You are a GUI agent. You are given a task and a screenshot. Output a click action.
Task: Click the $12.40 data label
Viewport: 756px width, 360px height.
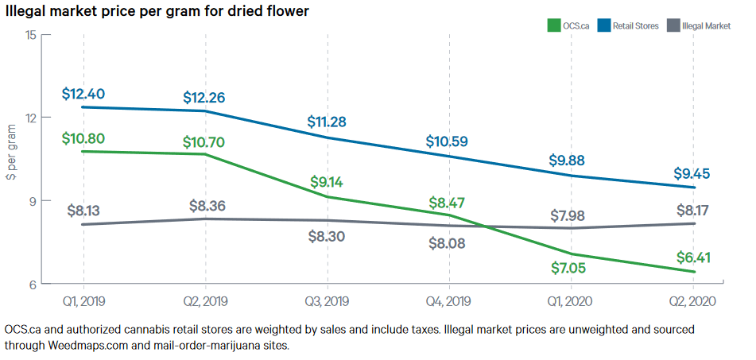[83, 95]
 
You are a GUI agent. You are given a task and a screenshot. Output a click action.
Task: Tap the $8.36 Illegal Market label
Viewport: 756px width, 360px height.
[206, 206]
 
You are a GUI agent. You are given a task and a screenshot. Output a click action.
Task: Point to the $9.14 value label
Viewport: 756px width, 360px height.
[327, 182]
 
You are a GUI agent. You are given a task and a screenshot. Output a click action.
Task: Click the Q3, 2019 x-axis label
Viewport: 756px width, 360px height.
[328, 301]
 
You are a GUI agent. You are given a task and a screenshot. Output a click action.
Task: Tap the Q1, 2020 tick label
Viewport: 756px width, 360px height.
[571, 301]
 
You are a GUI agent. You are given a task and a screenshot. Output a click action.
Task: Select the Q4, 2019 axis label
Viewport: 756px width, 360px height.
[449, 301]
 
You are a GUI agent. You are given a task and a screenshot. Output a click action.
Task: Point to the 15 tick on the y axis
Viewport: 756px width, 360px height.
[31, 35]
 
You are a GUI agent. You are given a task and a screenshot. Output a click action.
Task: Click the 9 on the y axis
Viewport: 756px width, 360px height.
[33, 201]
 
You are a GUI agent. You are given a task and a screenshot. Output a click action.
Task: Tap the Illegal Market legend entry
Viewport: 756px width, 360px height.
[705, 26]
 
